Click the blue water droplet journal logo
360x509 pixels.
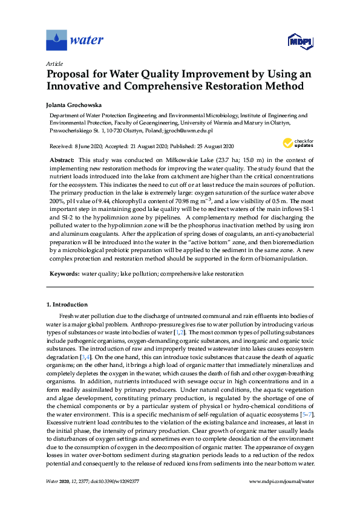click(x=56, y=41)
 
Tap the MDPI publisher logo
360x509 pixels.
click(x=299, y=41)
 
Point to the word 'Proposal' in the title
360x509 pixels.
click(x=72, y=74)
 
